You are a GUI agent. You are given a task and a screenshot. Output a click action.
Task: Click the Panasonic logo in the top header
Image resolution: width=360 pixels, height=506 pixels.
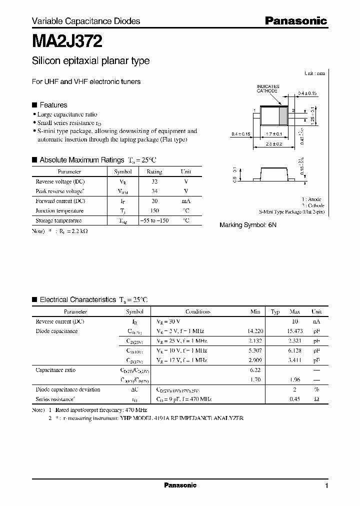coord(295,20)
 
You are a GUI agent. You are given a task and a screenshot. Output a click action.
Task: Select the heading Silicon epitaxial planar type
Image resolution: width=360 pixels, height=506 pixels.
coord(90,61)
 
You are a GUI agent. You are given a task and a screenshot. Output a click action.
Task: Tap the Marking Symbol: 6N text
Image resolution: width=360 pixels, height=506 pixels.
coord(247,225)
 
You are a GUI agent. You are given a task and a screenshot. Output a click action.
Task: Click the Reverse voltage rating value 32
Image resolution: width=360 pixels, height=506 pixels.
coord(154,181)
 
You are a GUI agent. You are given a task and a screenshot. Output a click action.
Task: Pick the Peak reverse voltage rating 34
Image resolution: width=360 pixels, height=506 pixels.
coord(154,191)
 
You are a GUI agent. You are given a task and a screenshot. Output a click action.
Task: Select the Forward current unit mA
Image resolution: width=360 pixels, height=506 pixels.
coord(185,201)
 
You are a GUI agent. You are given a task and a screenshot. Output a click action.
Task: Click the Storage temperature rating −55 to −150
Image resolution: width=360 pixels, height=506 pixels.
coord(154,220)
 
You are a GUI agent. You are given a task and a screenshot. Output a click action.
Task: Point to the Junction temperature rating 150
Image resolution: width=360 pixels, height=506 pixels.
coord(154,211)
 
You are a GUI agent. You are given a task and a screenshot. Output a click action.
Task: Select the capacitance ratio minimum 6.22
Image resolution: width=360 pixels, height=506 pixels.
coord(255,370)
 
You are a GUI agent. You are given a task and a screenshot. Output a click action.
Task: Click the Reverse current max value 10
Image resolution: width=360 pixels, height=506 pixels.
coord(294,321)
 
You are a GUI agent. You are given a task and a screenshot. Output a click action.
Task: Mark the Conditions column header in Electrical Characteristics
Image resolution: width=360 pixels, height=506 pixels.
coord(197,311)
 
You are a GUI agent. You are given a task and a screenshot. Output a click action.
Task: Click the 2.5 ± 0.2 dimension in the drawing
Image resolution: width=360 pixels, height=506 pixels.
coord(274,143)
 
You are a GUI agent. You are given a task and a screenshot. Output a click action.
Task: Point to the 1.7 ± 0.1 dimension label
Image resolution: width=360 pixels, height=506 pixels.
coord(274,134)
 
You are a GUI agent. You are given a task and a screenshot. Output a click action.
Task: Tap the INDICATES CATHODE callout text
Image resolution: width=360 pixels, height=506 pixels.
coord(268,88)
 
